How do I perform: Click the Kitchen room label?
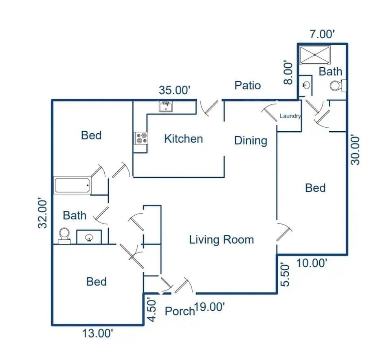[183, 139]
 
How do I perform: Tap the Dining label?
[250, 141]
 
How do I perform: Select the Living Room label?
[221, 240]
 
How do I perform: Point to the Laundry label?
[290, 116]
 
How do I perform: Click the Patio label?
[248, 86]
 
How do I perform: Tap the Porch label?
[180, 311]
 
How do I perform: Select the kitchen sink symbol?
[166, 106]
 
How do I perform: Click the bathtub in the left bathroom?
[72, 186]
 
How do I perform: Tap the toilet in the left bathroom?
[64, 235]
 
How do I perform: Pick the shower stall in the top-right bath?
[314, 55]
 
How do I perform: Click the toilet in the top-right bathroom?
[336, 86]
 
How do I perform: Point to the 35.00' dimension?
[175, 90]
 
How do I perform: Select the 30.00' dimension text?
[356, 150]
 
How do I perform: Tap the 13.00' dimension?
[97, 333]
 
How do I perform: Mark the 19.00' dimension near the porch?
[210, 307]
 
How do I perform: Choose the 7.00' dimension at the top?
[322, 34]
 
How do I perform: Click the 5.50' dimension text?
[286, 274]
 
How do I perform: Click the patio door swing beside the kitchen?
[210, 108]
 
